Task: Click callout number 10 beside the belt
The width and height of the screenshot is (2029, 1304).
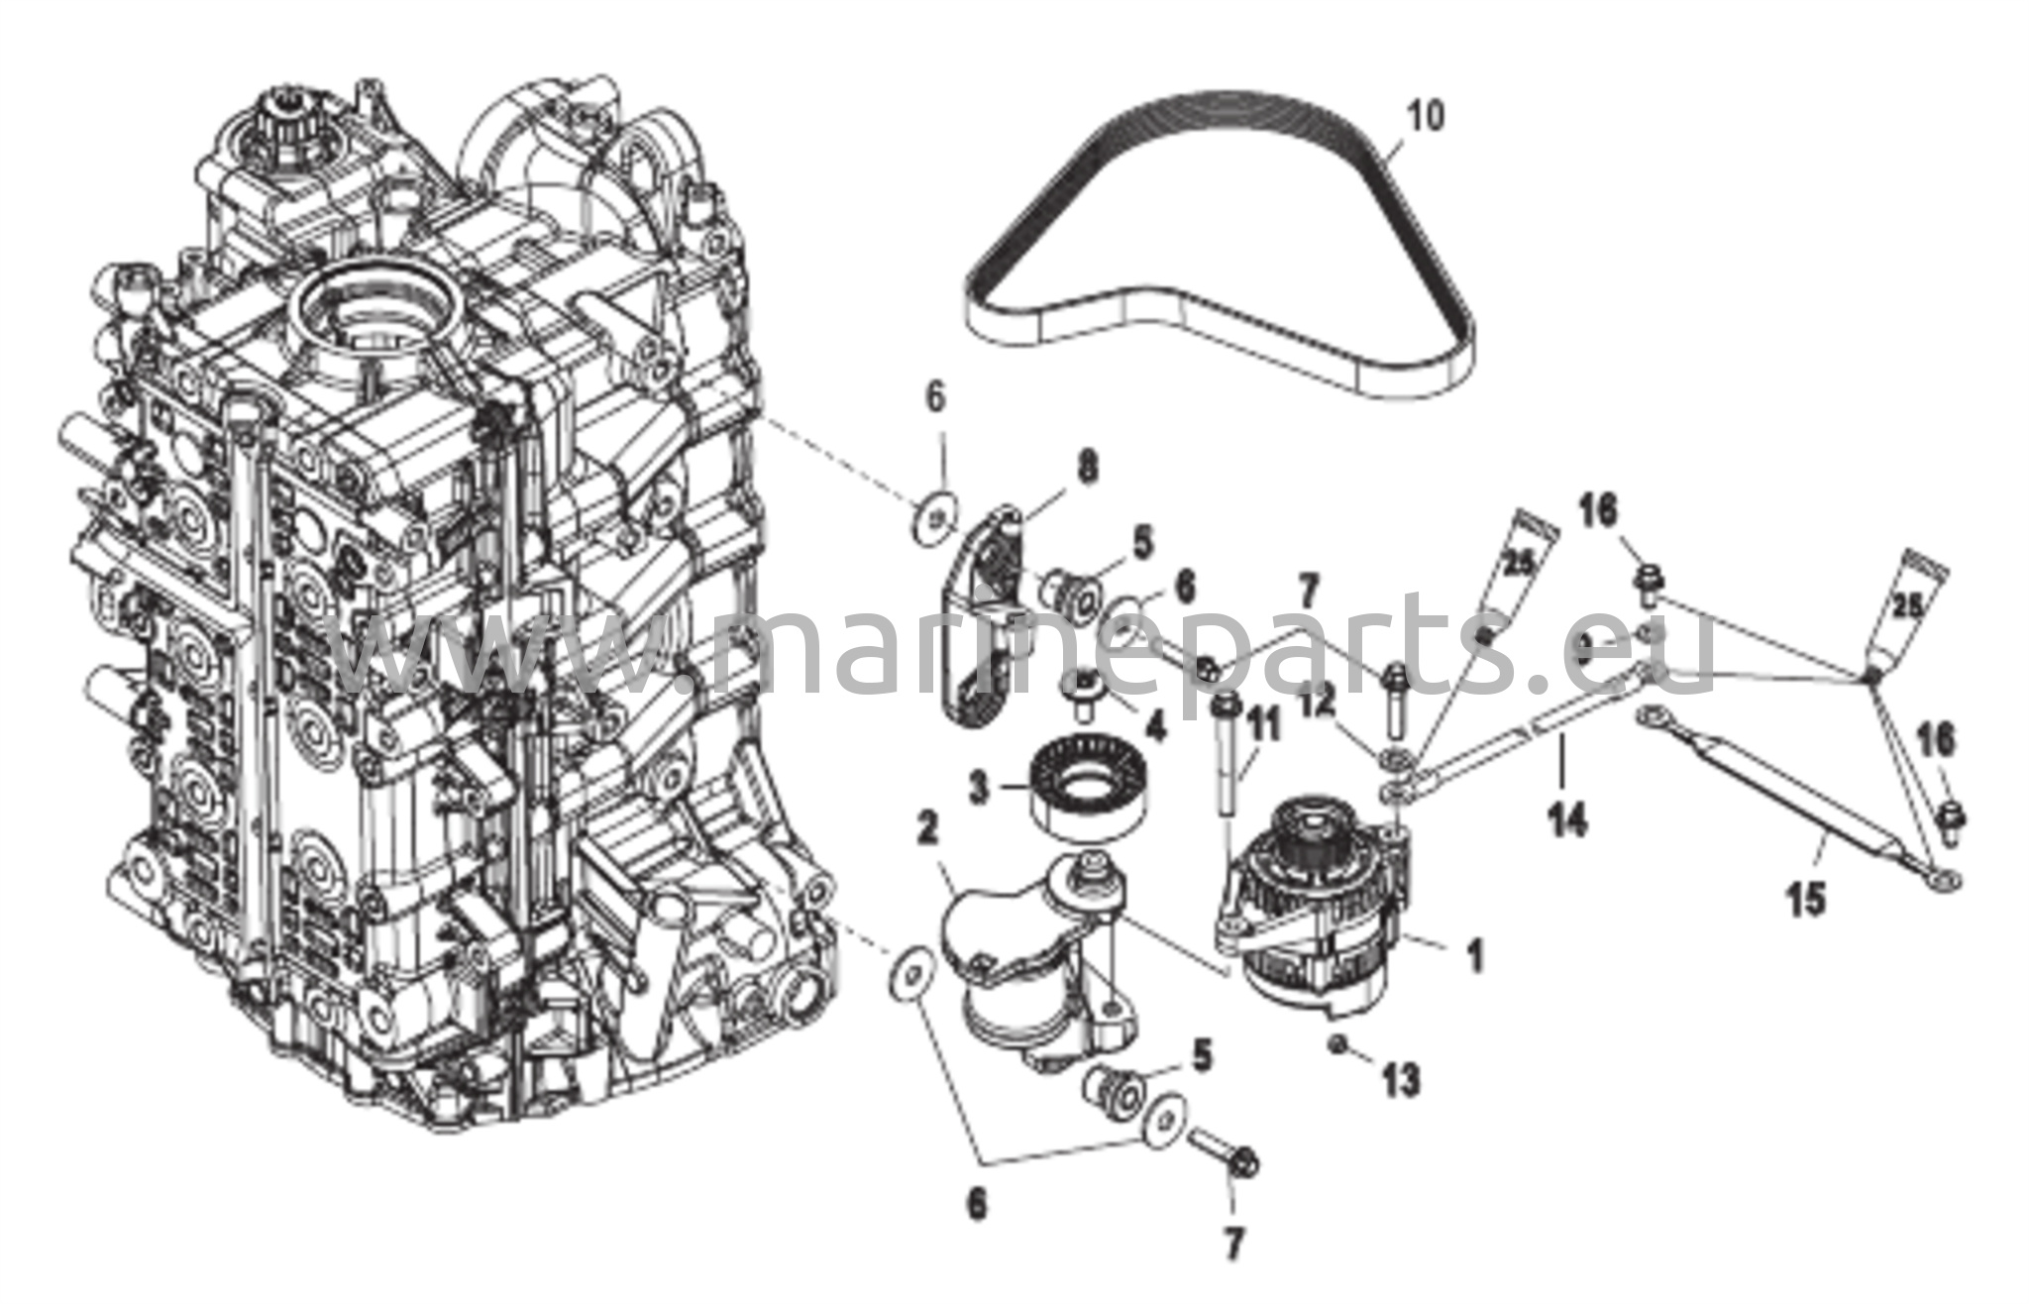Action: [1426, 117]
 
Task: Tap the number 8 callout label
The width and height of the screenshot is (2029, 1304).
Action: [1088, 468]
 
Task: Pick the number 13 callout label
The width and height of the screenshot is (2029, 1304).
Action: [1401, 1080]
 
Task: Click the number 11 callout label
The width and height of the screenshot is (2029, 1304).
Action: [1263, 728]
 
